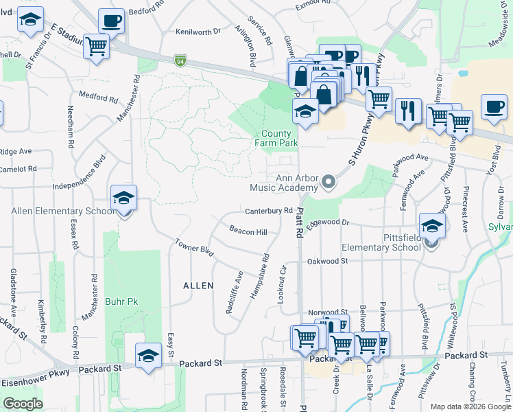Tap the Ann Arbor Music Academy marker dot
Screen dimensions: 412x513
click(329, 183)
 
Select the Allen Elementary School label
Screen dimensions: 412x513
click(62, 211)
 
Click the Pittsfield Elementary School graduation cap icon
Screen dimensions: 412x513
click(432, 225)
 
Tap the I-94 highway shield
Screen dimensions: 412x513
click(180, 61)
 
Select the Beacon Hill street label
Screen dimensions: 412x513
click(248, 232)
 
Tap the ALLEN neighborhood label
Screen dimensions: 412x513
click(198, 285)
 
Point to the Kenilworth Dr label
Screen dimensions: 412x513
click(198, 32)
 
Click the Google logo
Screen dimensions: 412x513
click(23, 404)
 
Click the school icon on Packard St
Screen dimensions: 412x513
click(148, 355)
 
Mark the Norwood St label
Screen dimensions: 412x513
click(329, 311)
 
